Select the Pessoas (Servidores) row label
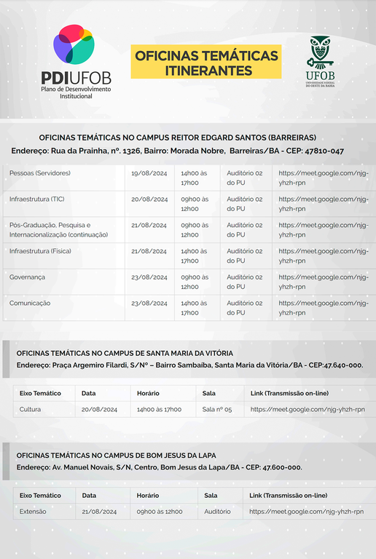click(x=40, y=173)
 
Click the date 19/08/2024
click(x=149, y=173)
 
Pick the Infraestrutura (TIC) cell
click(x=37, y=199)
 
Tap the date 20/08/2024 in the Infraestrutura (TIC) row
click(x=149, y=199)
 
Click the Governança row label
click(x=27, y=277)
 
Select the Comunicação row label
click(x=30, y=303)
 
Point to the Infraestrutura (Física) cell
click(x=40, y=251)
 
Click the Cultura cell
click(x=31, y=409)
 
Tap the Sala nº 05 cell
click(x=217, y=410)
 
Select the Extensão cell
click(x=33, y=511)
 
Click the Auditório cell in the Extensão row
click(x=218, y=511)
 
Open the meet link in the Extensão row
click(x=306, y=512)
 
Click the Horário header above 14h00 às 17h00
click(x=148, y=393)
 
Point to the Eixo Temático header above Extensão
click(x=40, y=495)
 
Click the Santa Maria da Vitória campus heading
click(x=125, y=352)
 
